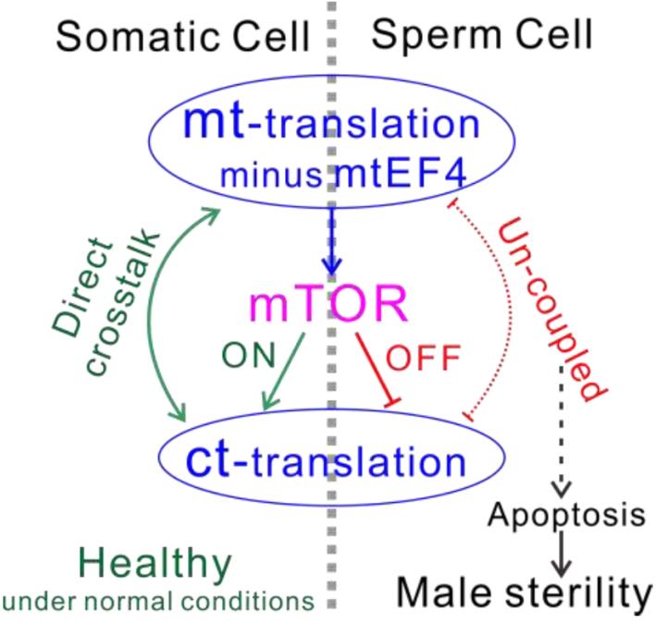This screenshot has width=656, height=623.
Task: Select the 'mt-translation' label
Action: point(333,126)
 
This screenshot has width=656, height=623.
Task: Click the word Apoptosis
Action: point(566,515)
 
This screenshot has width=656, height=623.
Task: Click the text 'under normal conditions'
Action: point(158,601)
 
